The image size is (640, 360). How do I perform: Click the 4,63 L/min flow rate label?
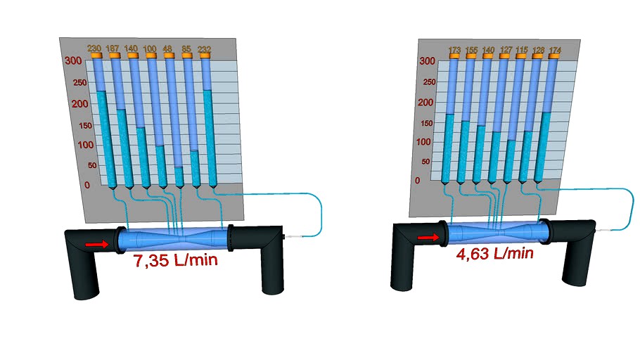click(494, 253)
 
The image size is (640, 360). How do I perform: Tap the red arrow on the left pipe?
click(97, 244)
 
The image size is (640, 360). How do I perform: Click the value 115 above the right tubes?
click(521, 51)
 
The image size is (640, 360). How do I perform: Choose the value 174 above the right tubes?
click(555, 51)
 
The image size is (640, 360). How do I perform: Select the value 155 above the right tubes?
click(471, 51)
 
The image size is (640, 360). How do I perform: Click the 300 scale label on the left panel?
click(72, 61)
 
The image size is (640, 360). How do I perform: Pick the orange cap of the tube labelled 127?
click(504, 57)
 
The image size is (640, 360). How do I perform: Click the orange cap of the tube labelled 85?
click(186, 56)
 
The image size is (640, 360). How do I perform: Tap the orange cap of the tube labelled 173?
click(454, 57)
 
